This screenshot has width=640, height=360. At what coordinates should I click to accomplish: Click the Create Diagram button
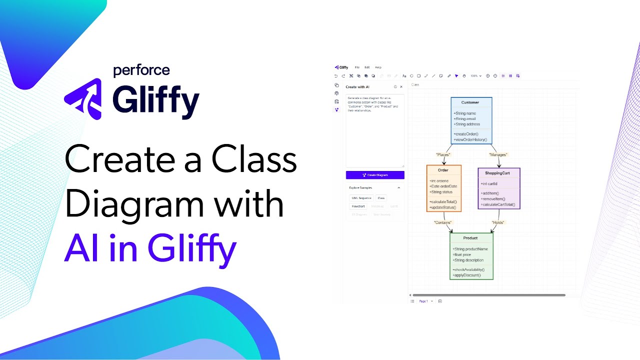[x=375, y=175]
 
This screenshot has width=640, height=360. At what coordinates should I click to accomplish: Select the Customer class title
[x=470, y=102]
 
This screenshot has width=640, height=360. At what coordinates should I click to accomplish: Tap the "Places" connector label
[x=443, y=154]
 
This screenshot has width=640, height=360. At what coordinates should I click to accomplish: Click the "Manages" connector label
[x=498, y=154]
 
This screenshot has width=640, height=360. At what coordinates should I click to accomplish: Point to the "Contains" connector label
[x=443, y=222]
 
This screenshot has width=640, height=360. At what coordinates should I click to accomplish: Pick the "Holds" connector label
[x=497, y=222]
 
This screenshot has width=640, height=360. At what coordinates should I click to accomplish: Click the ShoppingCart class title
[x=497, y=173]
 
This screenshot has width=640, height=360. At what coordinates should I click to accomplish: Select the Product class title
[x=470, y=238]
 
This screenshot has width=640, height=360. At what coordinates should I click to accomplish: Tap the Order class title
[x=443, y=170]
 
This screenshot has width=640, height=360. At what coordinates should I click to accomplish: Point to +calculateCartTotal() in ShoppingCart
[x=498, y=204]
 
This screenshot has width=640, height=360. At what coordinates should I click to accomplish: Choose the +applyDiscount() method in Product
[x=467, y=275]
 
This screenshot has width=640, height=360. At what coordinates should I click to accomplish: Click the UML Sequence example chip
[x=361, y=198]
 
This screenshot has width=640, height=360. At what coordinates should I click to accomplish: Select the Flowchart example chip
[x=358, y=206]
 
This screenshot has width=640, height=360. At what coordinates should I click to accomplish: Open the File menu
[x=357, y=67]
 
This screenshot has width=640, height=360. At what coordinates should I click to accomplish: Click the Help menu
[x=378, y=67]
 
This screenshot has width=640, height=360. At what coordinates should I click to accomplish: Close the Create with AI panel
[x=401, y=87]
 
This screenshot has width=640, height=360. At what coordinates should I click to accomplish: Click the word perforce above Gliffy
[x=141, y=70]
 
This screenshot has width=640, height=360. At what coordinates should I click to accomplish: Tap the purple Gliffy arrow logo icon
[x=83, y=98]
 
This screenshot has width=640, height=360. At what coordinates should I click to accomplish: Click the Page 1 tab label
[x=423, y=301]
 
